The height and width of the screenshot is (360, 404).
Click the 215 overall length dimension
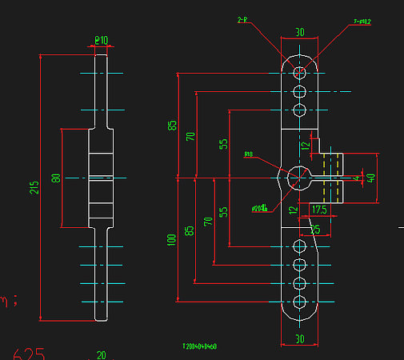tap(34, 187)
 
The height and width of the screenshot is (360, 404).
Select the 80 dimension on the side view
tap(56, 177)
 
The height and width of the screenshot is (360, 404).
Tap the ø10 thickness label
tap(102, 38)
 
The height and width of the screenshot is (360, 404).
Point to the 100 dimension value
tap(170, 240)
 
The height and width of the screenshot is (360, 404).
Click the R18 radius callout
tap(248, 156)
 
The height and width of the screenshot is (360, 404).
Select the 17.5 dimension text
tap(320, 210)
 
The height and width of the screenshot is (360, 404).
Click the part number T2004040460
tap(200, 346)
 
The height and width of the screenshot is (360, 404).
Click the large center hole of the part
tap(299, 177)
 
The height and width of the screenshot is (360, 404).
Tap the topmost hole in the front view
tap(299, 73)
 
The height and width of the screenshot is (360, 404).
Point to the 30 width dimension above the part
tap(300, 33)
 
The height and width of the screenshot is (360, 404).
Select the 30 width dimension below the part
tap(300, 339)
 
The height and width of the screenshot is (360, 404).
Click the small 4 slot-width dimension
tap(358, 178)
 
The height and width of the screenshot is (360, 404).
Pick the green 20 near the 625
tap(101, 354)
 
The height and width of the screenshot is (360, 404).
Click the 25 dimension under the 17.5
tap(315, 229)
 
